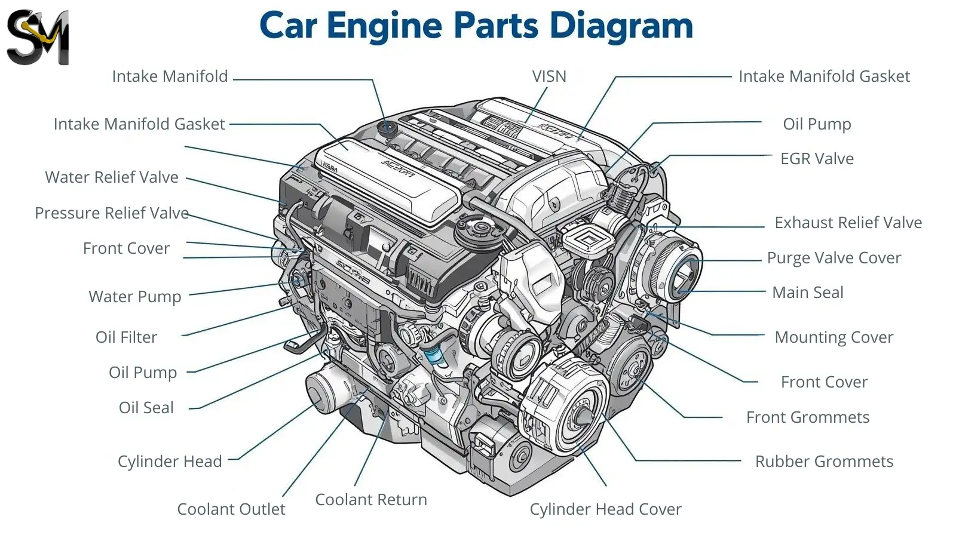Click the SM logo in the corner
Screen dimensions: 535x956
pyautogui.click(x=38, y=38)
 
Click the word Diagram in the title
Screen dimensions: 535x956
pyautogui.click(x=621, y=26)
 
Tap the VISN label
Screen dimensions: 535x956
pyautogui.click(x=549, y=76)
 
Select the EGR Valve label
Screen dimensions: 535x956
pyautogui.click(x=817, y=159)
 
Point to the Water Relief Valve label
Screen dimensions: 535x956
pyautogui.click(x=112, y=177)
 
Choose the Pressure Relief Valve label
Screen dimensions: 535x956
pyautogui.click(x=112, y=213)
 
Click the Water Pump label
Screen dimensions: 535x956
pyautogui.click(x=134, y=297)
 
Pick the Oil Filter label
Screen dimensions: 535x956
pyautogui.click(x=126, y=337)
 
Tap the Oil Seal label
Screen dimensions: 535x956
pyautogui.click(x=146, y=408)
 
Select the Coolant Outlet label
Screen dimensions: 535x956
pyautogui.click(x=231, y=509)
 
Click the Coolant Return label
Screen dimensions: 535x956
pyautogui.click(x=371, y=500)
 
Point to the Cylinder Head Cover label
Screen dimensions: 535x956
pyautogui.click(x=605, y=509)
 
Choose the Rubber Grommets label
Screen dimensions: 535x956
pyautogui.click(x=824, y=462)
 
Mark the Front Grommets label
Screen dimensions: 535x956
pyautogui.click(x=808, y=417)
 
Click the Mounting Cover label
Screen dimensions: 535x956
pyautogui.click(x=834, y=337)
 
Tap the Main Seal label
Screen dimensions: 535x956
pyautogui.click(x=808, y=293)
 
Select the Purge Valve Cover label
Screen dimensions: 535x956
pyautogui.click(x=834, y=258)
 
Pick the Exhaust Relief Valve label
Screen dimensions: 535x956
pyautogui.click(x=848, y=223)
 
